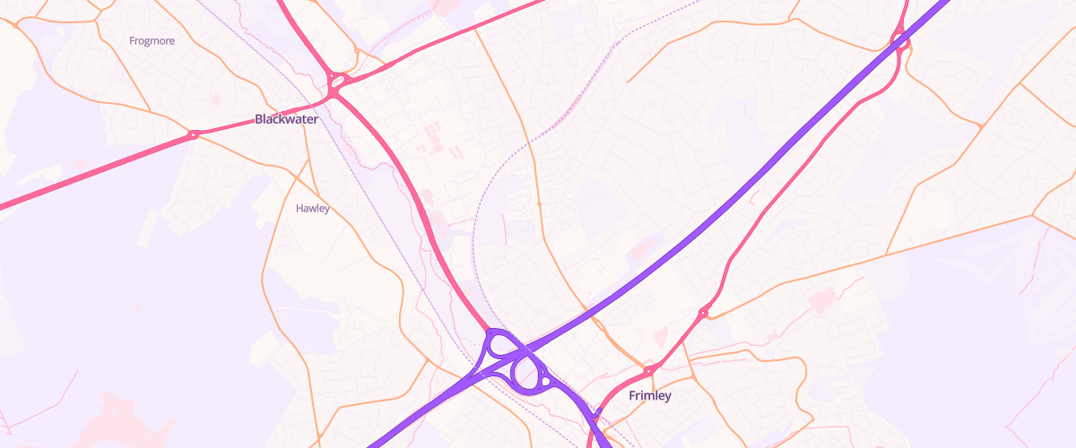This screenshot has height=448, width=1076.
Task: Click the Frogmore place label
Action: pos(152,40)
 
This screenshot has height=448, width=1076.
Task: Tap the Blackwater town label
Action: pos(286,118)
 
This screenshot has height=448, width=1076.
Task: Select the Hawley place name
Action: pos(313,208)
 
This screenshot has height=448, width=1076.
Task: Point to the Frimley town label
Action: pos(650,395)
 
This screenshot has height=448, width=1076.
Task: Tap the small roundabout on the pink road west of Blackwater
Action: pos(193,135)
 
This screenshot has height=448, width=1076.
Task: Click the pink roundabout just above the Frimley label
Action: pos(648,370)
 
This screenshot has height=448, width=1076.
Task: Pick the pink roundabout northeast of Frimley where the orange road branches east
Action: pos(704,313)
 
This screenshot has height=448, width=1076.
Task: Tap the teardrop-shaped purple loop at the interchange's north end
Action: pos(499,342)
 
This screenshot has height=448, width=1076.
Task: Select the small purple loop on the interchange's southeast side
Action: pos(544,383)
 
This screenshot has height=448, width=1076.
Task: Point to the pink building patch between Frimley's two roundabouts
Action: pos(660,337)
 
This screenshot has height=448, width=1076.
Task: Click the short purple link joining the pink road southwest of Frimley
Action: pos(594,417)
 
